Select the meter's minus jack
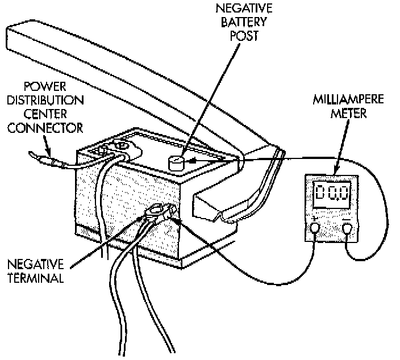(347, 229)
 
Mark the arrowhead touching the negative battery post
(190, 161)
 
